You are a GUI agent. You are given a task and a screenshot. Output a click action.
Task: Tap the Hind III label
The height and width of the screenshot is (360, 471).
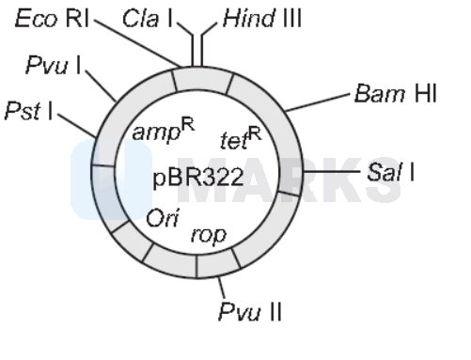coord(262,18)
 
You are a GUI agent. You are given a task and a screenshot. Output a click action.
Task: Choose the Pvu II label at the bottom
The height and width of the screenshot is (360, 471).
coord(249,309)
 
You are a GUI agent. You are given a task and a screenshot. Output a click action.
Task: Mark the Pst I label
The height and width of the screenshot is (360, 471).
coord(29,111)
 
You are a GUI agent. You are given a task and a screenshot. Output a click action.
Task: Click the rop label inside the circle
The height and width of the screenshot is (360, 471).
coord(208,233)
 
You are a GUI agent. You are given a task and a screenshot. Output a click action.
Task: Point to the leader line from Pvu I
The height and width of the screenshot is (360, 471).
coord(100,83)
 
